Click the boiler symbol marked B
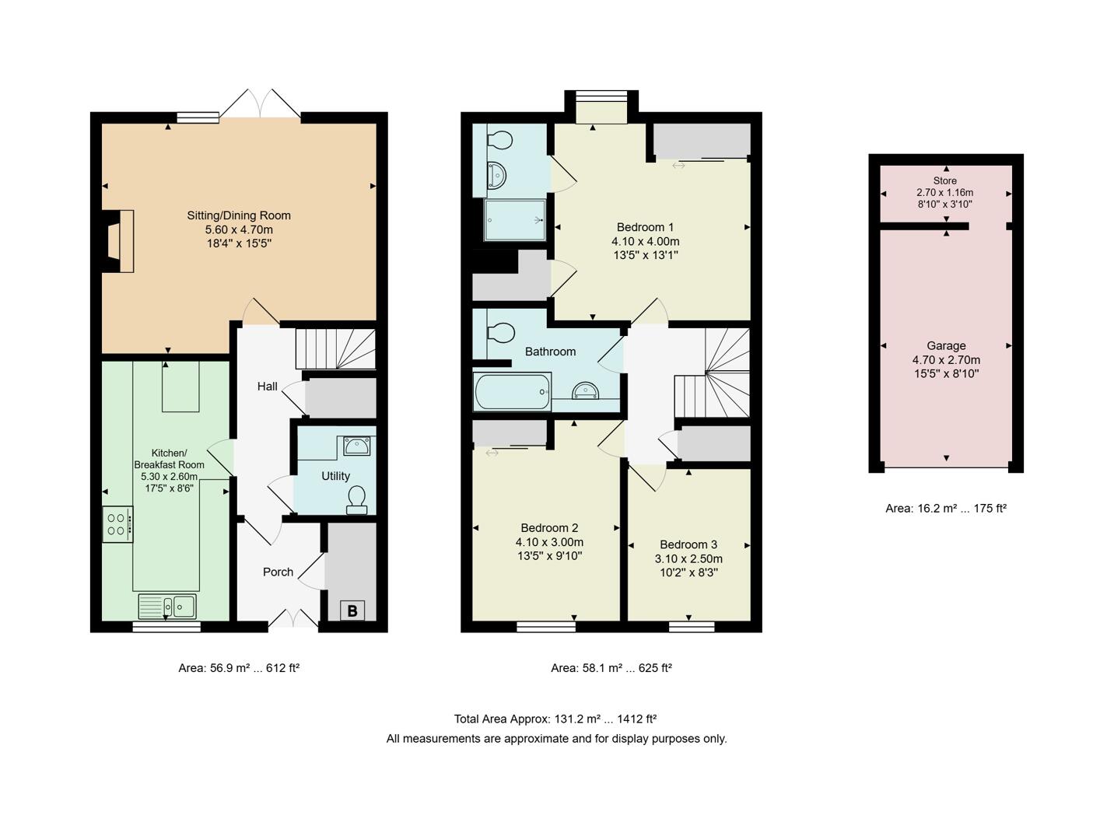tap(352, 611)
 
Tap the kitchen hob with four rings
tap(117, 524)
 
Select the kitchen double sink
tap(167, 606)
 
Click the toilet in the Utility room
tap(357, 499)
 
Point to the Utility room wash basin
tap(357, 446)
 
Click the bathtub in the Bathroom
tap(511, 391)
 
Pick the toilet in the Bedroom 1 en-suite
tap(499, 141)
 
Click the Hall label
tap(267, 387)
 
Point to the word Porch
tap(278, 572)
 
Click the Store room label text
tap(945, 180)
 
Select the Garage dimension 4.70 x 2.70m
tap(946, 360)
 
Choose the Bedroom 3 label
tap(688, 544)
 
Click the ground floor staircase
tap(335, 348)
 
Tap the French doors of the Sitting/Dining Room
tap(261, 105)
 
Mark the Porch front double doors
tap(293, 620)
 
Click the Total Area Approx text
tap(555, 719)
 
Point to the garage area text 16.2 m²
tap(946, 509)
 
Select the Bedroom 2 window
tap(546, 626)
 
